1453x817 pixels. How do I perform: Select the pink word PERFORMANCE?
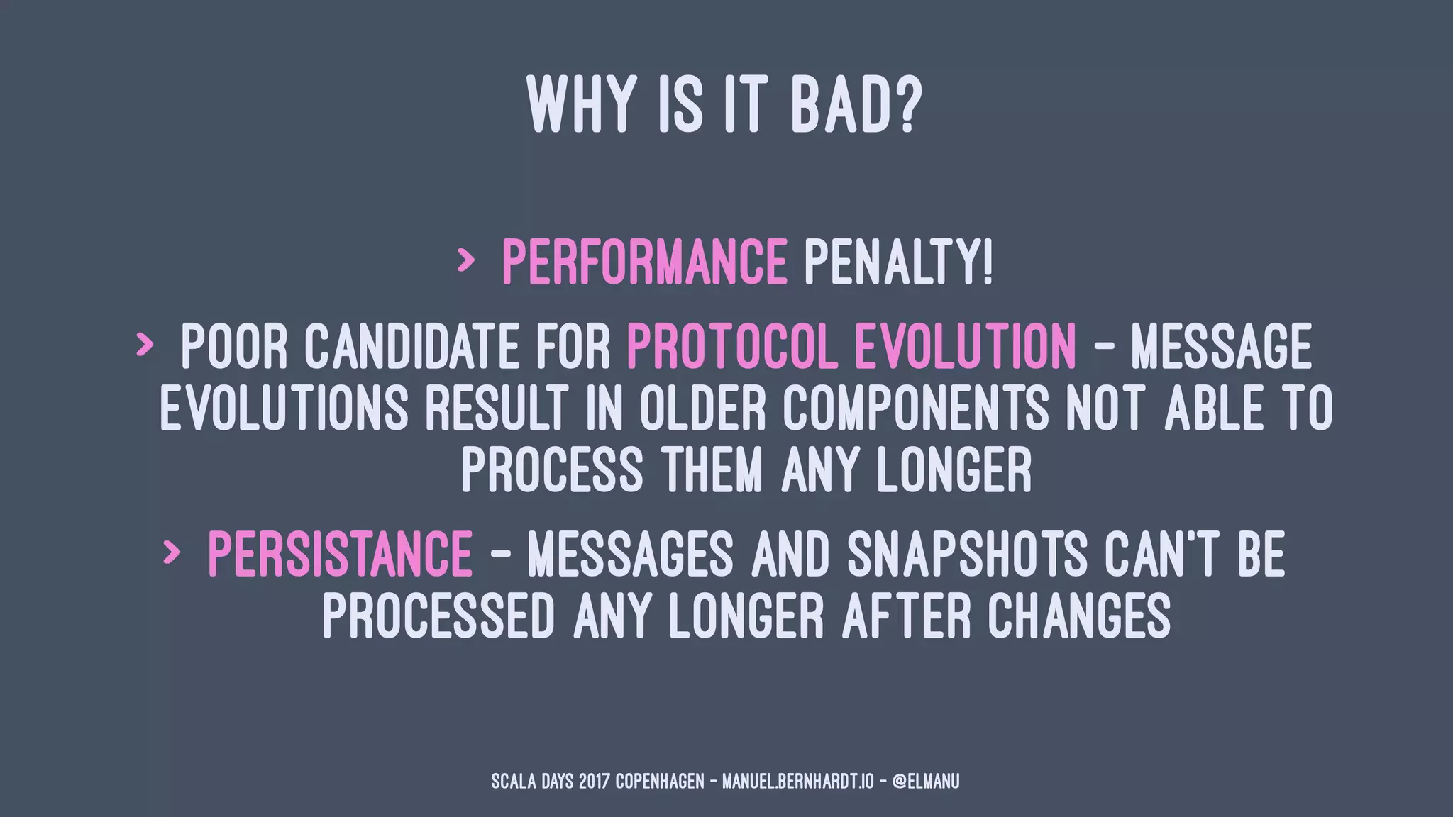point(644,262)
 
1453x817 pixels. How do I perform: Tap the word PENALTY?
point(898,262)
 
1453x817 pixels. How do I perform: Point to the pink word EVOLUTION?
point(966,346)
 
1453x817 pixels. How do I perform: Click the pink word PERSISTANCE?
point(340,554)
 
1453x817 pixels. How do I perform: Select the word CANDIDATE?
point(411,346)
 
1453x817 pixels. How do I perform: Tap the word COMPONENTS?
point(916,408)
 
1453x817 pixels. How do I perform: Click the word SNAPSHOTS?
point(966,554)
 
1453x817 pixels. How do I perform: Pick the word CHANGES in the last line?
point(1079,616)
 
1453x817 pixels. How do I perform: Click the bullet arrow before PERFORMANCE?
point(465,261)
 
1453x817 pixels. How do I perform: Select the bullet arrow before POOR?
point(144,345)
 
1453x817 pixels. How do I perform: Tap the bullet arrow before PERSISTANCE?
point(171,552)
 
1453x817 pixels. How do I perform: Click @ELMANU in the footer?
point(925,782)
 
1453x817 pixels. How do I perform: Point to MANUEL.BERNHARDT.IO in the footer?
point(797,782)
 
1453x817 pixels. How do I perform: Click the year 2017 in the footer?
point(594,782)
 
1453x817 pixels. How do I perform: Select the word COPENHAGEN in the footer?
point(659,782)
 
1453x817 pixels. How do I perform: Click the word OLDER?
point(702,408)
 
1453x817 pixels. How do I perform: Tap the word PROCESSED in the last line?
point(438,616)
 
